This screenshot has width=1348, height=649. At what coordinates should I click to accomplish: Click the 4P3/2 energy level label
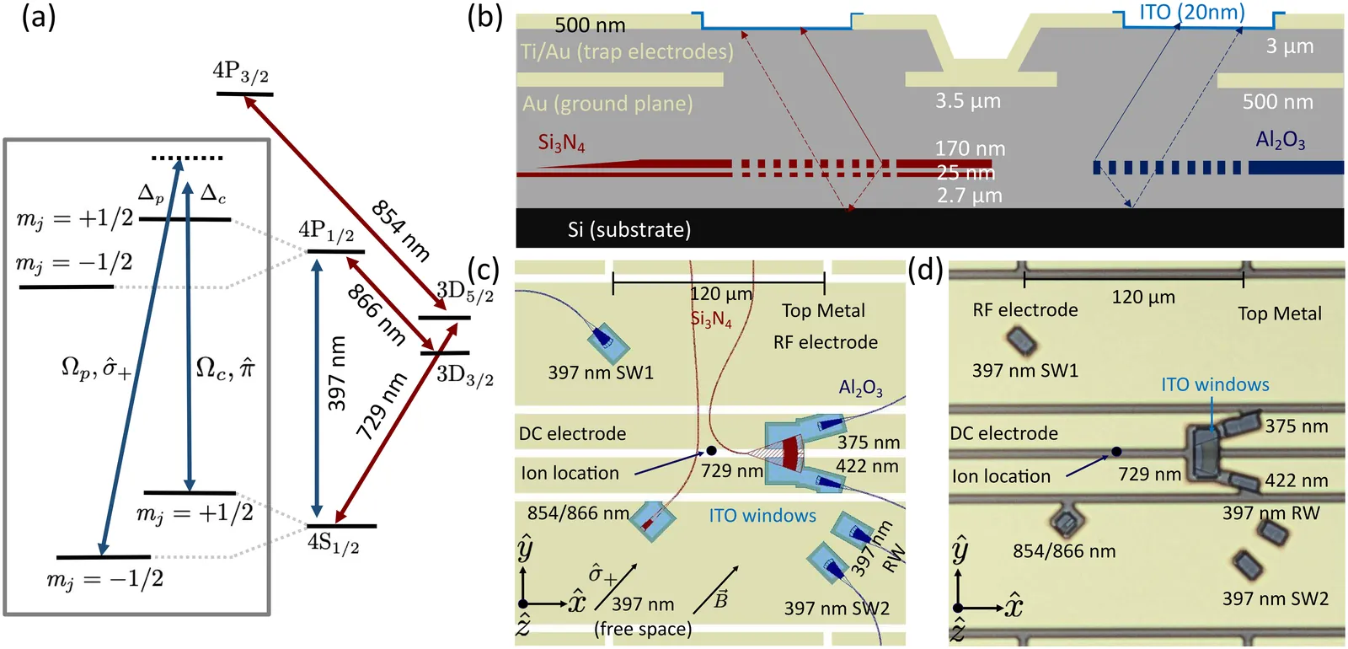(241, 72)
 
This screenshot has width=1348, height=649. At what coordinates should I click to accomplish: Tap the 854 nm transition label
(401, 230)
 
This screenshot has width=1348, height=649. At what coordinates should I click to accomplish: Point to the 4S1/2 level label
(334, 544)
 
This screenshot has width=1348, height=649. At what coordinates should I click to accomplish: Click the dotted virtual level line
(187, 158)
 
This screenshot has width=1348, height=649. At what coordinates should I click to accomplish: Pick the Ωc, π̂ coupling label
(225, 367)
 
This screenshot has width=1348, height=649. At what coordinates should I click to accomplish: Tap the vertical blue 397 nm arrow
(317, 388)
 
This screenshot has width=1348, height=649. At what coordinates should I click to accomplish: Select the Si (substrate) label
(629, 230)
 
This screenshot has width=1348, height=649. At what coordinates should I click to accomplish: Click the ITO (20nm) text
(1192, 13)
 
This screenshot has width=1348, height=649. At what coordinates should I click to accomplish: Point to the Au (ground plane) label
(607, 104)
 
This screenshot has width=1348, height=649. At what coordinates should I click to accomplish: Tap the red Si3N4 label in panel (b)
(561, 142)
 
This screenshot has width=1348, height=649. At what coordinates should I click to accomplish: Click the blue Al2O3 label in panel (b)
(1280, 140)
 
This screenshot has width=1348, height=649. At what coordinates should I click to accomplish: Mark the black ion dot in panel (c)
(711, 451)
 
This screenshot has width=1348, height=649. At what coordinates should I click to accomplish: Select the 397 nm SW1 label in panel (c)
(601, 373)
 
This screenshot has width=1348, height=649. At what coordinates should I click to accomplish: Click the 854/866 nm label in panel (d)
(1064, 551)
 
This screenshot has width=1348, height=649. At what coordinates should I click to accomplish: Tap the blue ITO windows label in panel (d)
(1215, 384)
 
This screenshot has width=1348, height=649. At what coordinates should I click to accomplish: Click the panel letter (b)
(484, 17)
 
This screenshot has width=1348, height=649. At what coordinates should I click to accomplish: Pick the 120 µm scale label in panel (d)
(1143, 297)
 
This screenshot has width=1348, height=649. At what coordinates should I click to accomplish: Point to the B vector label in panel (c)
(721, 599)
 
